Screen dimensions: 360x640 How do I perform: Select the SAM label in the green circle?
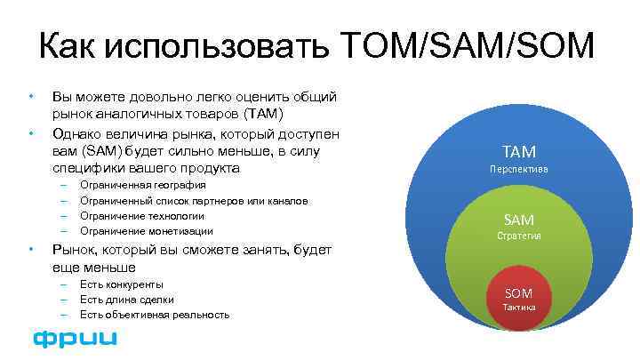pos(518,220)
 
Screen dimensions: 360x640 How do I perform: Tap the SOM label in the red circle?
pos(518,292)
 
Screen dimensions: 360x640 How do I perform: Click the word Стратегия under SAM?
pos(518,236)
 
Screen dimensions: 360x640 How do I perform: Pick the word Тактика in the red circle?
pos(518,307)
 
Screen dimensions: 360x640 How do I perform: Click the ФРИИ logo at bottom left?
pos(75,339)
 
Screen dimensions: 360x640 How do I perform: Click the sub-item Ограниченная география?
pos(142,185)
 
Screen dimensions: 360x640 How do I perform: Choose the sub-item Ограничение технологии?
pos(141,216)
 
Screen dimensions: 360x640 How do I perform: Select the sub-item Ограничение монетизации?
pos(146,231)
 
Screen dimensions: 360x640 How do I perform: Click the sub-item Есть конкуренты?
pos(121,284)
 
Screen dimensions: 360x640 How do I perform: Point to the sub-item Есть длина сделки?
pos(126,300)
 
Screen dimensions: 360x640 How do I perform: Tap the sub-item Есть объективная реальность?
pos(154,315)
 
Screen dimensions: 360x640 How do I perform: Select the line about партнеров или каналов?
pos(193,200)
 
